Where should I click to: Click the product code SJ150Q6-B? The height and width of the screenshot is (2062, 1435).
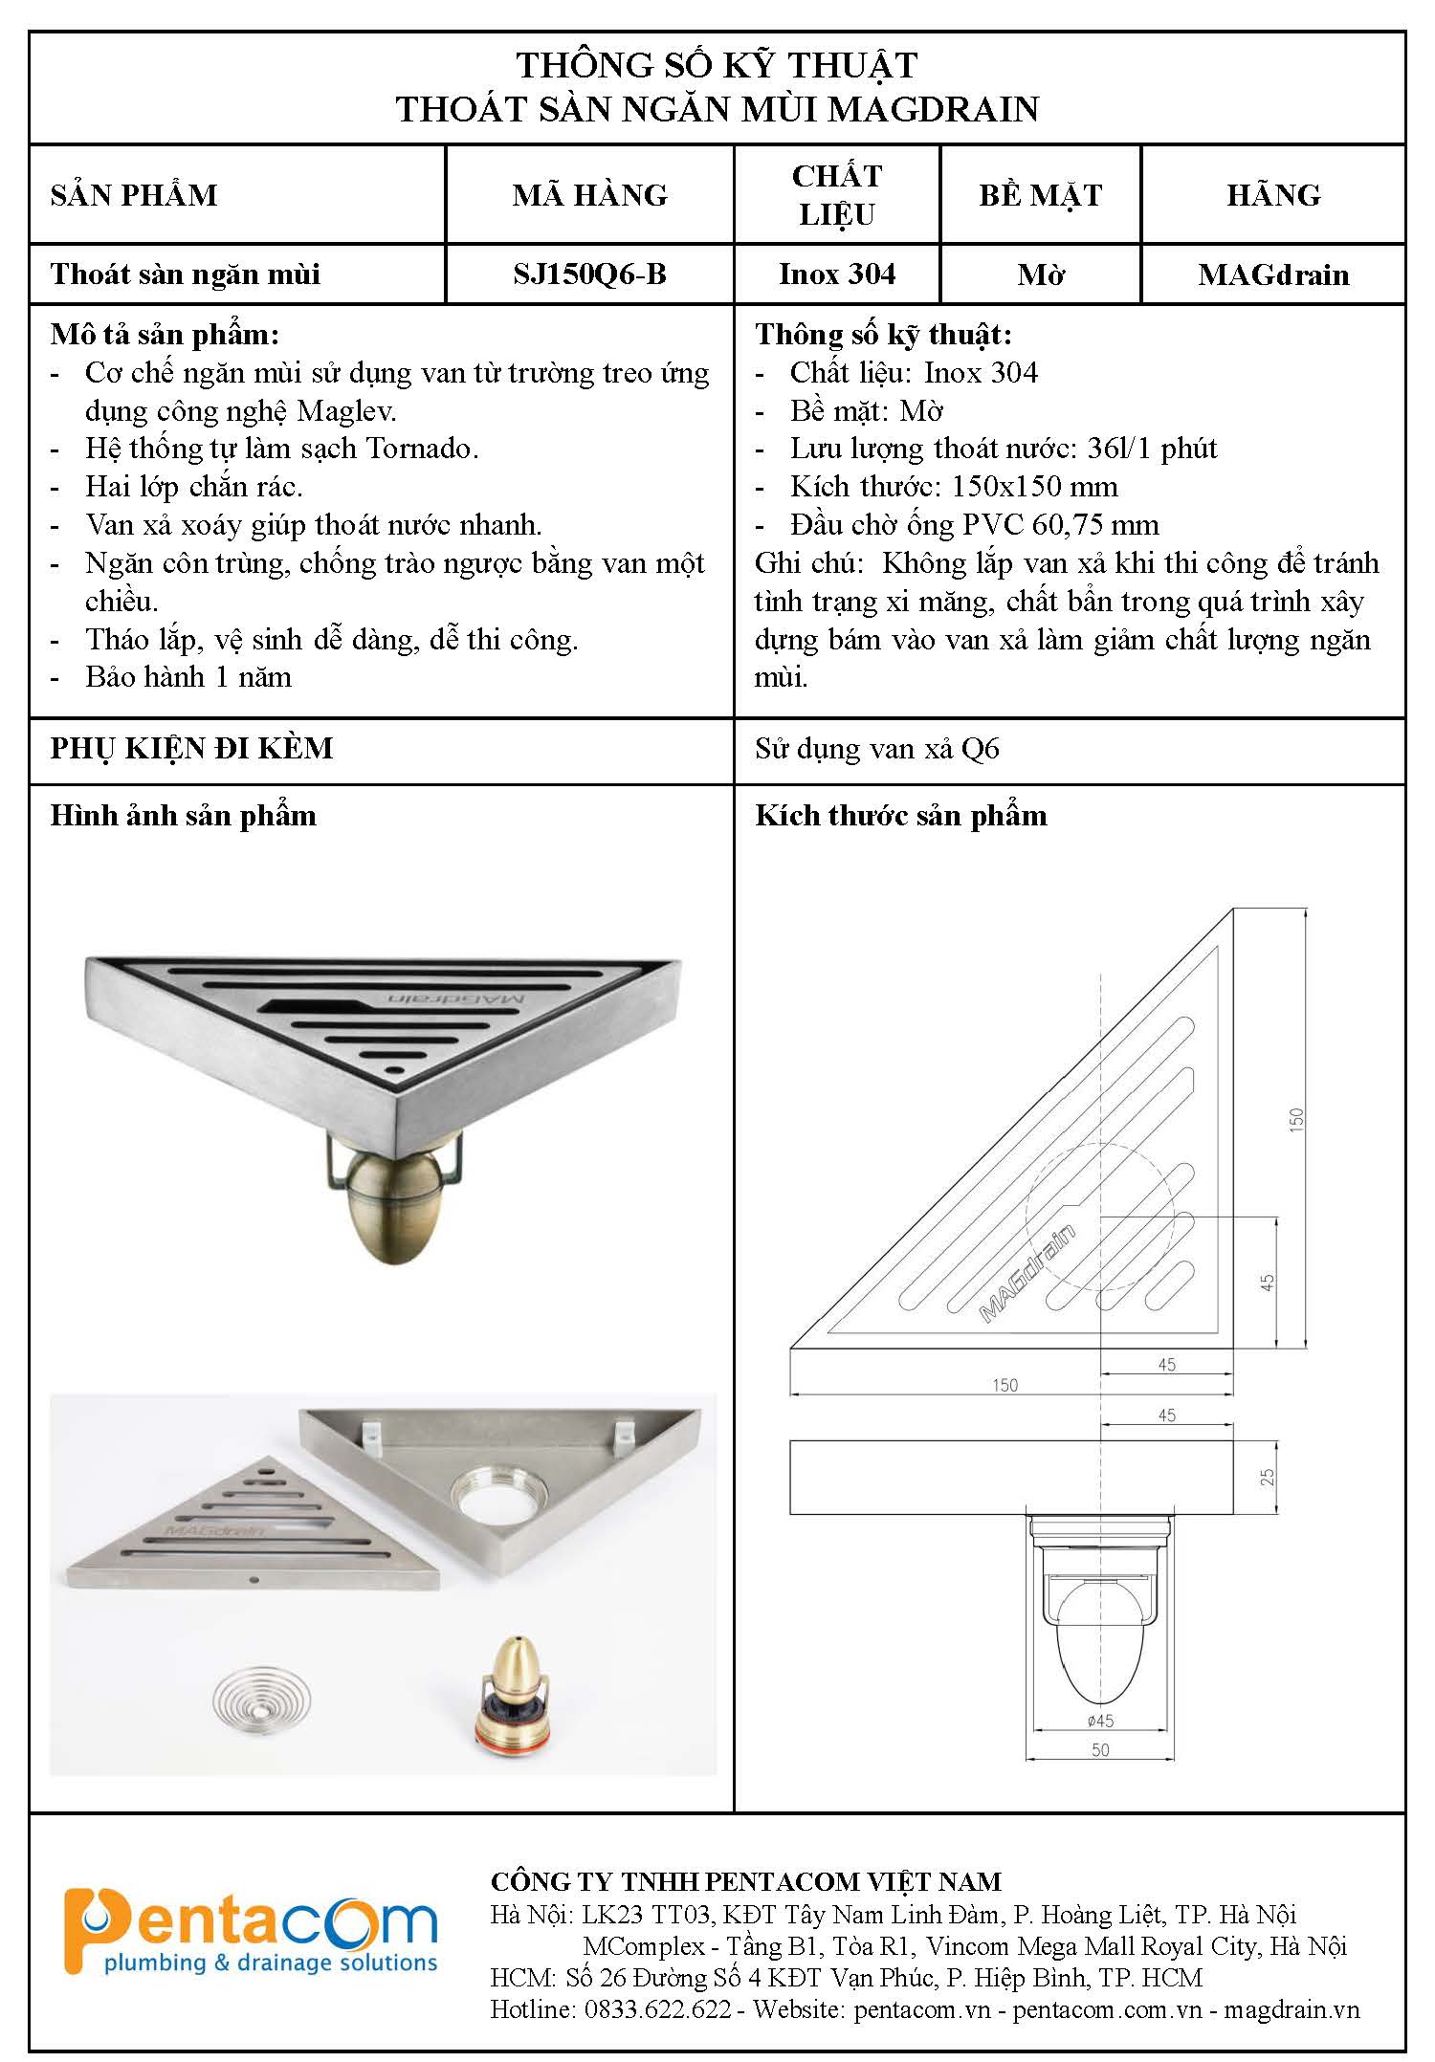point(589,274)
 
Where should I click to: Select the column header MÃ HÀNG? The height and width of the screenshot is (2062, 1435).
point(589,195)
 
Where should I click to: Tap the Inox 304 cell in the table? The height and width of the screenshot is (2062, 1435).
point(837,274)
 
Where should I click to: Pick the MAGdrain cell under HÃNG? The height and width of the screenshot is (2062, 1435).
point(1273,275)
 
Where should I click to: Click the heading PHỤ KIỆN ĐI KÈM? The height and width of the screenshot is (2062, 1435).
point(192,748)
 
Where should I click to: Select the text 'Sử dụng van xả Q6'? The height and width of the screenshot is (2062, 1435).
point(877,749)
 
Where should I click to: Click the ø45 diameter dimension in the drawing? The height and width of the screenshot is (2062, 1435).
point(1100,1721)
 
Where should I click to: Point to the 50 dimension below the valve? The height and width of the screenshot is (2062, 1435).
point(1100,1749)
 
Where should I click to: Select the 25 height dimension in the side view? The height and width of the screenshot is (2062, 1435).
point(1268,1477)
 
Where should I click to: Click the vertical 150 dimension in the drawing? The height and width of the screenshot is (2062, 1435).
point(1296,1118)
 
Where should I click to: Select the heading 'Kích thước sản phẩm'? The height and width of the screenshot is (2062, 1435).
point(901,816)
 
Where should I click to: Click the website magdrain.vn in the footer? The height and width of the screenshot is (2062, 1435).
point(1291,2009)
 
